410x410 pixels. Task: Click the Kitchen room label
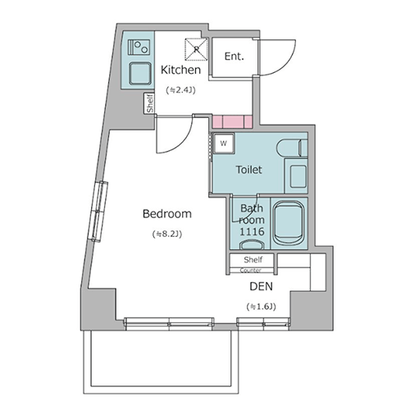pos(180,70)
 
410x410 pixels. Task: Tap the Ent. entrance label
pos(234,57)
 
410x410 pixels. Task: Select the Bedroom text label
pos(167,213)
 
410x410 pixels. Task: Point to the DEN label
pos(262,286)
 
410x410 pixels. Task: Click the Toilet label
pos(248,170)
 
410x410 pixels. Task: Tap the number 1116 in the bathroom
pos(252,232)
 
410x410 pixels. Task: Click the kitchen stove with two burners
pos(139,48)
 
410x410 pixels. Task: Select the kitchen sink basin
pos(139,74)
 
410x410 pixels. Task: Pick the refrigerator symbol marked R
pos(196,49)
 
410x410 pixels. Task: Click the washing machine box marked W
pos(224,143)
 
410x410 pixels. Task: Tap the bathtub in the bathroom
pos(289,223)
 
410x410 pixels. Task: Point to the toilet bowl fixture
pos(292,148)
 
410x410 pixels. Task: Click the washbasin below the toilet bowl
pos(298,176)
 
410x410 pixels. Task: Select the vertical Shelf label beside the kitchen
pos(150,103)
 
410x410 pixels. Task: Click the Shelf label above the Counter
pos(253,259)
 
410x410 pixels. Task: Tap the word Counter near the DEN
pos(250,271)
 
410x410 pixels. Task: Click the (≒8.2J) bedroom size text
pos(167,235)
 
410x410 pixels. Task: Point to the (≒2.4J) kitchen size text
pos(180,90)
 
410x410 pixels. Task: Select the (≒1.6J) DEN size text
pos(261,307)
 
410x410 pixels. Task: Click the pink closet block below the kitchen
pos(232,121)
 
